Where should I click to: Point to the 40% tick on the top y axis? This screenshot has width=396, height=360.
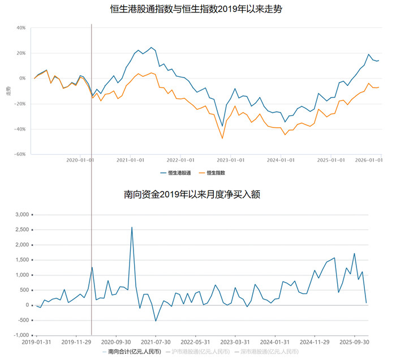click(x=21, y=28)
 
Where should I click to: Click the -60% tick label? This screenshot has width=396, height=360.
click(x=20, y=154)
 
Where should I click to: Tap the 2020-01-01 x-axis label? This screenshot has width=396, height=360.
click(x=80, y=160)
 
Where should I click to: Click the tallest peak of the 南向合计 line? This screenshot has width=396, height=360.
click(x=132, y=227)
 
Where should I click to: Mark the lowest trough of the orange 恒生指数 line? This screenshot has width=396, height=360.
click(x=222, y=138)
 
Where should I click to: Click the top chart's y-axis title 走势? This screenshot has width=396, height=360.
click(x=8, y=90)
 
